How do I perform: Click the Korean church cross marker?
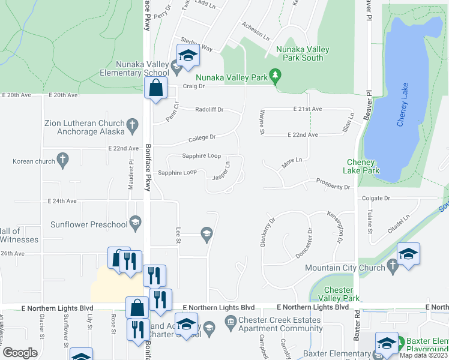click(62, 160)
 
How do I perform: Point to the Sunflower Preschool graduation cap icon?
click(136, 224)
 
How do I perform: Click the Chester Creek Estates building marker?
click(230, 323)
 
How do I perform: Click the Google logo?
click(20, 353)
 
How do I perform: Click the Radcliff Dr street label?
click(209, 110)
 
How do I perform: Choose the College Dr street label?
click(202, 139)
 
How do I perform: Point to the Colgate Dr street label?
click(376, 198)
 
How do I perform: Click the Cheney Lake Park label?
click(363, 166)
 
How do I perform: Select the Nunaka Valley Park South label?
click(300, 54)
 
